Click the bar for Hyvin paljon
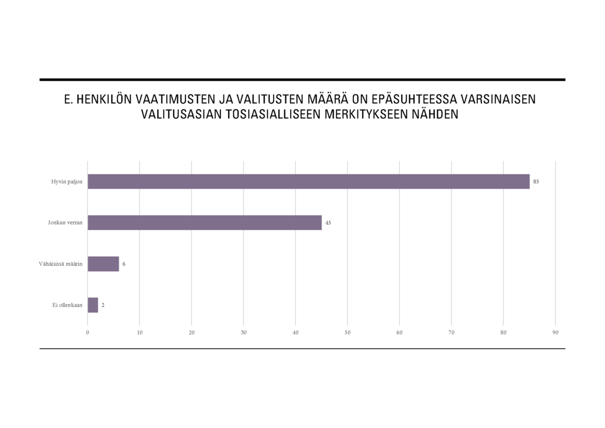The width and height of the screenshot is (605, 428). tap(308, 181)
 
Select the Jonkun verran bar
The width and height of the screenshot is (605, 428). tap(204, 223)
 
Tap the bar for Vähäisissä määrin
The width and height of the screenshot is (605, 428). tap(103, 264)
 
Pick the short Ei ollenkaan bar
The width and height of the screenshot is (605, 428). tap(93, 305)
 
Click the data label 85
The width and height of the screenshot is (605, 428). tap(536, 181)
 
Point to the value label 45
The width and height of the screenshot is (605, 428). tap(328, 223)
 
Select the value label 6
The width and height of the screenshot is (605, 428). tap(123, 264)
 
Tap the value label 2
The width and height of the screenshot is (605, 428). tap(103, 305)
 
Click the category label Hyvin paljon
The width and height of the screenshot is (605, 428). tap(67, 181)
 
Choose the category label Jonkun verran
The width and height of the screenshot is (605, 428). tap(65, 223)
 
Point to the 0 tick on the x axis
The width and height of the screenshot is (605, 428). tap(87, 333)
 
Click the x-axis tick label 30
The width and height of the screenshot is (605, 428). tap(243, 333)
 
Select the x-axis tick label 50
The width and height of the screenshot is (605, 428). tap(347, 333)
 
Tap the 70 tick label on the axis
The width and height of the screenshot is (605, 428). tap(451, 333)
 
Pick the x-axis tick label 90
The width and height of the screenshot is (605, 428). tap(555, 333)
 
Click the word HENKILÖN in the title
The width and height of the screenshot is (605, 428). tap(105, 99)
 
